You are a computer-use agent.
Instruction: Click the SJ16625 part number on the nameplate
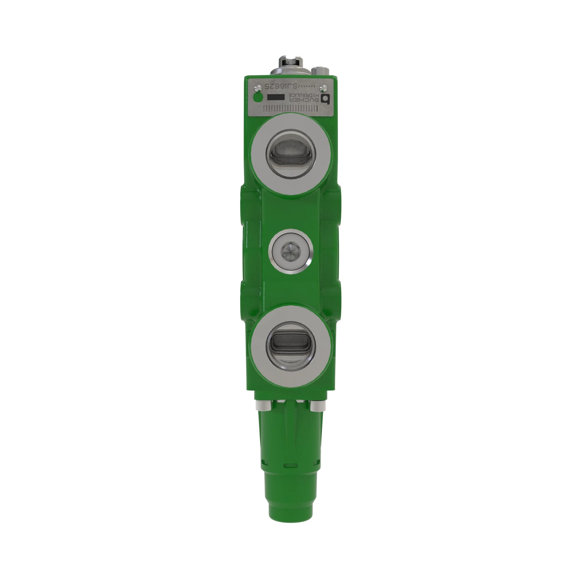pos(281,86)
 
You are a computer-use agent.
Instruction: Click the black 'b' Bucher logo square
pos(325,99)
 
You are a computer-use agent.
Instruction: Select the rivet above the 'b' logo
pos(323,88)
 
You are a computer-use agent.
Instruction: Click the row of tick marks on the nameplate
pos(290,109)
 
